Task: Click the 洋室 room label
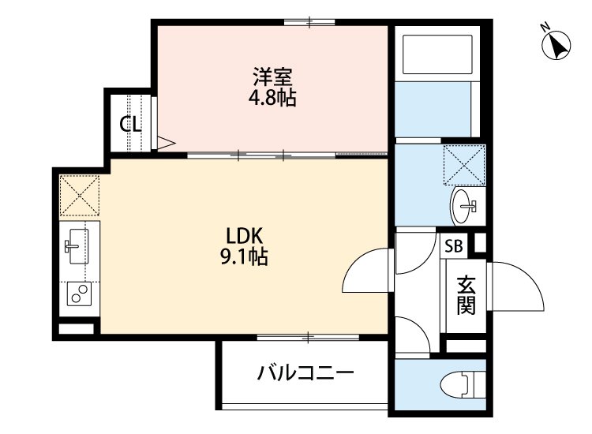coord(273,77)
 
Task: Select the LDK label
coord(238,236)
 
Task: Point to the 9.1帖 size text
coord(239,256)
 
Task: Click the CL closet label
coord(130,124)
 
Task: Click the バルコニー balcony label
coord(304,372)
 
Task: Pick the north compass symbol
coord(559,47)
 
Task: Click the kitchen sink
coord(77,245)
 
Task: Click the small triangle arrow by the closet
coord(166,143)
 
